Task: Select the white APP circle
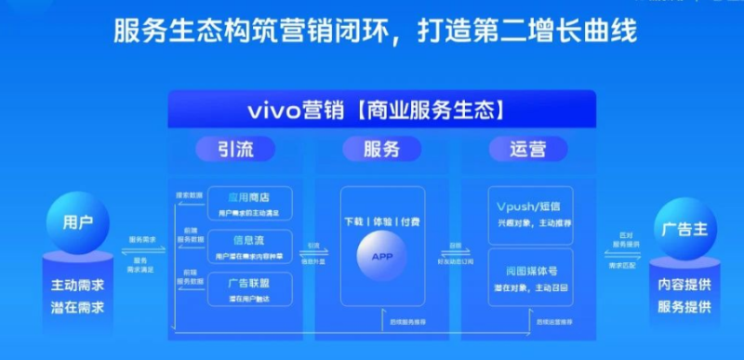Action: (x=382, y=257)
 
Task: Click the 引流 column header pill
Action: (x=222, y=148)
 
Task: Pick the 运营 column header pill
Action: (x=527, y=148)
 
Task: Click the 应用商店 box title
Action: (x=250, y=197)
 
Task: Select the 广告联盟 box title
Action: (x=250, y=280)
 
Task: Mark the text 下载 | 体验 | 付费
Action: (x=382, y=222)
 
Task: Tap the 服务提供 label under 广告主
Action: (x=684, y=307)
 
